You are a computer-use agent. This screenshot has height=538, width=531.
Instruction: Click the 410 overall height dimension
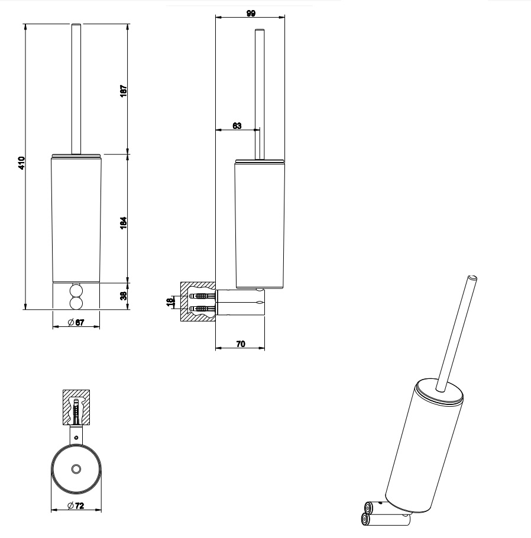(21, 163)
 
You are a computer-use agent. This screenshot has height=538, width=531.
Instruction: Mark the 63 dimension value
(237, 125)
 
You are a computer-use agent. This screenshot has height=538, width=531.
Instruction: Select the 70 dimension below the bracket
(241, 343)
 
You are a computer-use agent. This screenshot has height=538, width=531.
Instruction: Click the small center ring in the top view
(75, 469)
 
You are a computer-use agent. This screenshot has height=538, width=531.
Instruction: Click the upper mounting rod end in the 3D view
(369, 507)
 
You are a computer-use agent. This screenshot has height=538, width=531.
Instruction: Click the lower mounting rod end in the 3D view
(365, 520)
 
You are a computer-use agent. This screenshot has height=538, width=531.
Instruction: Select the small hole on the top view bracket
(75, 437)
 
